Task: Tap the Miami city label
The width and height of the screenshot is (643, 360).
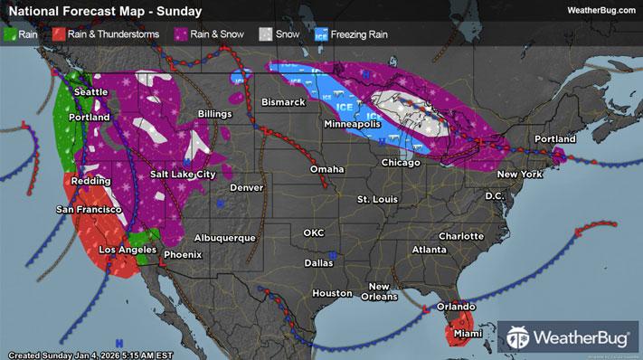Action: click(x=464, y=335)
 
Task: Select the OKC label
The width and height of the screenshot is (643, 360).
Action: click(x=313, y=232)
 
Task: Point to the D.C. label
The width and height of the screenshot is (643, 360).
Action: click(x=494, y=195)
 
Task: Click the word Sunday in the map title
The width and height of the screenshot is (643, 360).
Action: click(x=178, y=11)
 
